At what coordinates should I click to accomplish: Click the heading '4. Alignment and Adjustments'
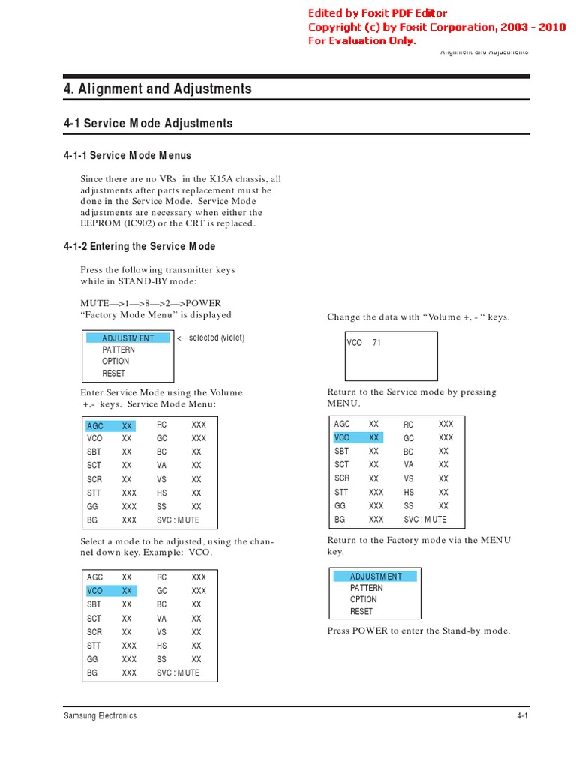pyautogui.click(x=157, y=88)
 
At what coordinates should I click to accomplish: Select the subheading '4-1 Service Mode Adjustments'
pyautogui.click(x=148, y=123)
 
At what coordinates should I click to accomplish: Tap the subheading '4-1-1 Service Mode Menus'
pyautogui.click(x=127, y=155)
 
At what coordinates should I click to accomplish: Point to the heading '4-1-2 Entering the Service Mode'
pyautogui.click(x=139, y=246)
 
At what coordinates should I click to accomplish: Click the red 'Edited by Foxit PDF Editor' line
pyautogui.click(x=388, y=13)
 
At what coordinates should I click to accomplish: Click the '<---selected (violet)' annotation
pyautogui.click(x=211, y=337)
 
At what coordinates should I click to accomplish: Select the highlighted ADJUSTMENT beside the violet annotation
pyautogui.click(x=127, y=338)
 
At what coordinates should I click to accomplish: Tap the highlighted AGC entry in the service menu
pyautogui.click(x=95, y=426)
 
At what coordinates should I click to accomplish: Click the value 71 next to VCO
pyautogui.click(x=376, y=342)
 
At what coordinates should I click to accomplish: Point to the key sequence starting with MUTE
pyautogui.click(x=151, y=303)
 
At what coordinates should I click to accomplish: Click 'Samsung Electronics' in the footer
pyautogui.click(x=100, y=716)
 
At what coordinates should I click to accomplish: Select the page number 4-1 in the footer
pyautogui.click(x=522, y=716)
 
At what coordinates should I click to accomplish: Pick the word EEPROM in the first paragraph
pyautogui.click(x=100, y=223)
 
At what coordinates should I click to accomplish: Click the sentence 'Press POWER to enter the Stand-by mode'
pyautogui.click(x=418, y=631)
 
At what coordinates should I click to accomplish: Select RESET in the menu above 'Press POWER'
pyautogui.click(x=361, y=611)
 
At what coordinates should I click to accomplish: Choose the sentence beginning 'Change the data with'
pyautogui.click(x=418, y=316)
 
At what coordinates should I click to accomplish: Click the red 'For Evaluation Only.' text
pyautogui.click(x=361, y=40)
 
